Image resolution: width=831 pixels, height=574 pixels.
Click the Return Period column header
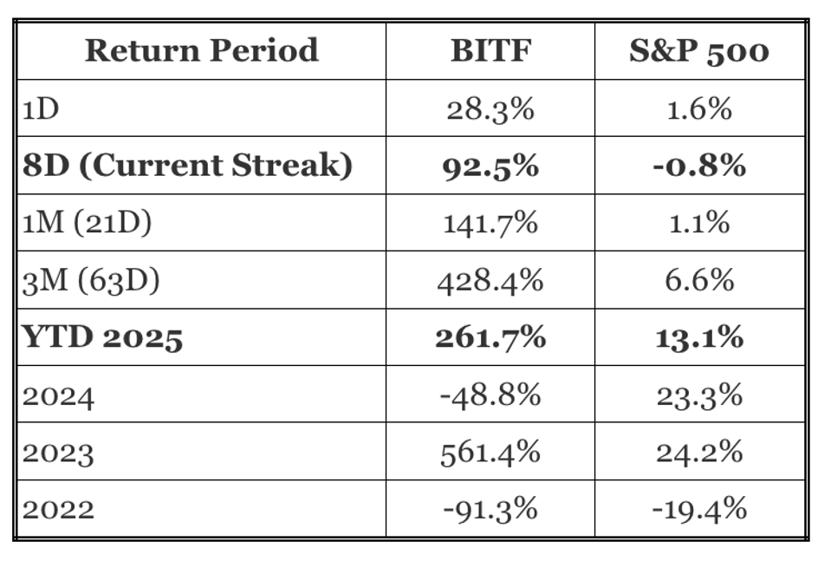coord(201,50)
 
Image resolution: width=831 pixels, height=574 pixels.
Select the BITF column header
coord(490,50)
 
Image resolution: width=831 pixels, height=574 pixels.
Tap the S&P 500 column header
coord(698,50)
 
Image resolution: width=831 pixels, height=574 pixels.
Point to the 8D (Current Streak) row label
coord(187,165)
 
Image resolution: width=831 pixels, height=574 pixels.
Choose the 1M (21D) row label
coord(87,223)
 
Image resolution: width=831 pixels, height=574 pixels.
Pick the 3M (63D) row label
coord(90,280)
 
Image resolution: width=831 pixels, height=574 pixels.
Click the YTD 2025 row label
coord(103,337)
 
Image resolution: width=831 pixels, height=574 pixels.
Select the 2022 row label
coord(58,509)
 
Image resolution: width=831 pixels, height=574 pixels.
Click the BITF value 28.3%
coord(490,108)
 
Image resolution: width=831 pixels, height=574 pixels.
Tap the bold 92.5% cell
coord(490,165)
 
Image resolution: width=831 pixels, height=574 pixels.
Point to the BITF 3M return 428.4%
coord(490,280)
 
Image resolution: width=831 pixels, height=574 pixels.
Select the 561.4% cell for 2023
coord(490,452)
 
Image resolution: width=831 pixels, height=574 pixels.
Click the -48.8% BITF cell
coord(490,395)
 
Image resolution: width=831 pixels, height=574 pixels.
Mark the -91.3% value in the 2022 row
coord(490,509)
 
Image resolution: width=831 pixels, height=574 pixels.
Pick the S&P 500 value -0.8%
coord(698,165)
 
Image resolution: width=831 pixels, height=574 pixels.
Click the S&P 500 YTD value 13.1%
coord(698,337)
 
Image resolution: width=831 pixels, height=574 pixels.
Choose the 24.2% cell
coord(698,452)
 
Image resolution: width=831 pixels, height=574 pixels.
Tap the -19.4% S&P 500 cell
coord(698,509)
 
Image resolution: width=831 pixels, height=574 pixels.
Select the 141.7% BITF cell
coord(490,223)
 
